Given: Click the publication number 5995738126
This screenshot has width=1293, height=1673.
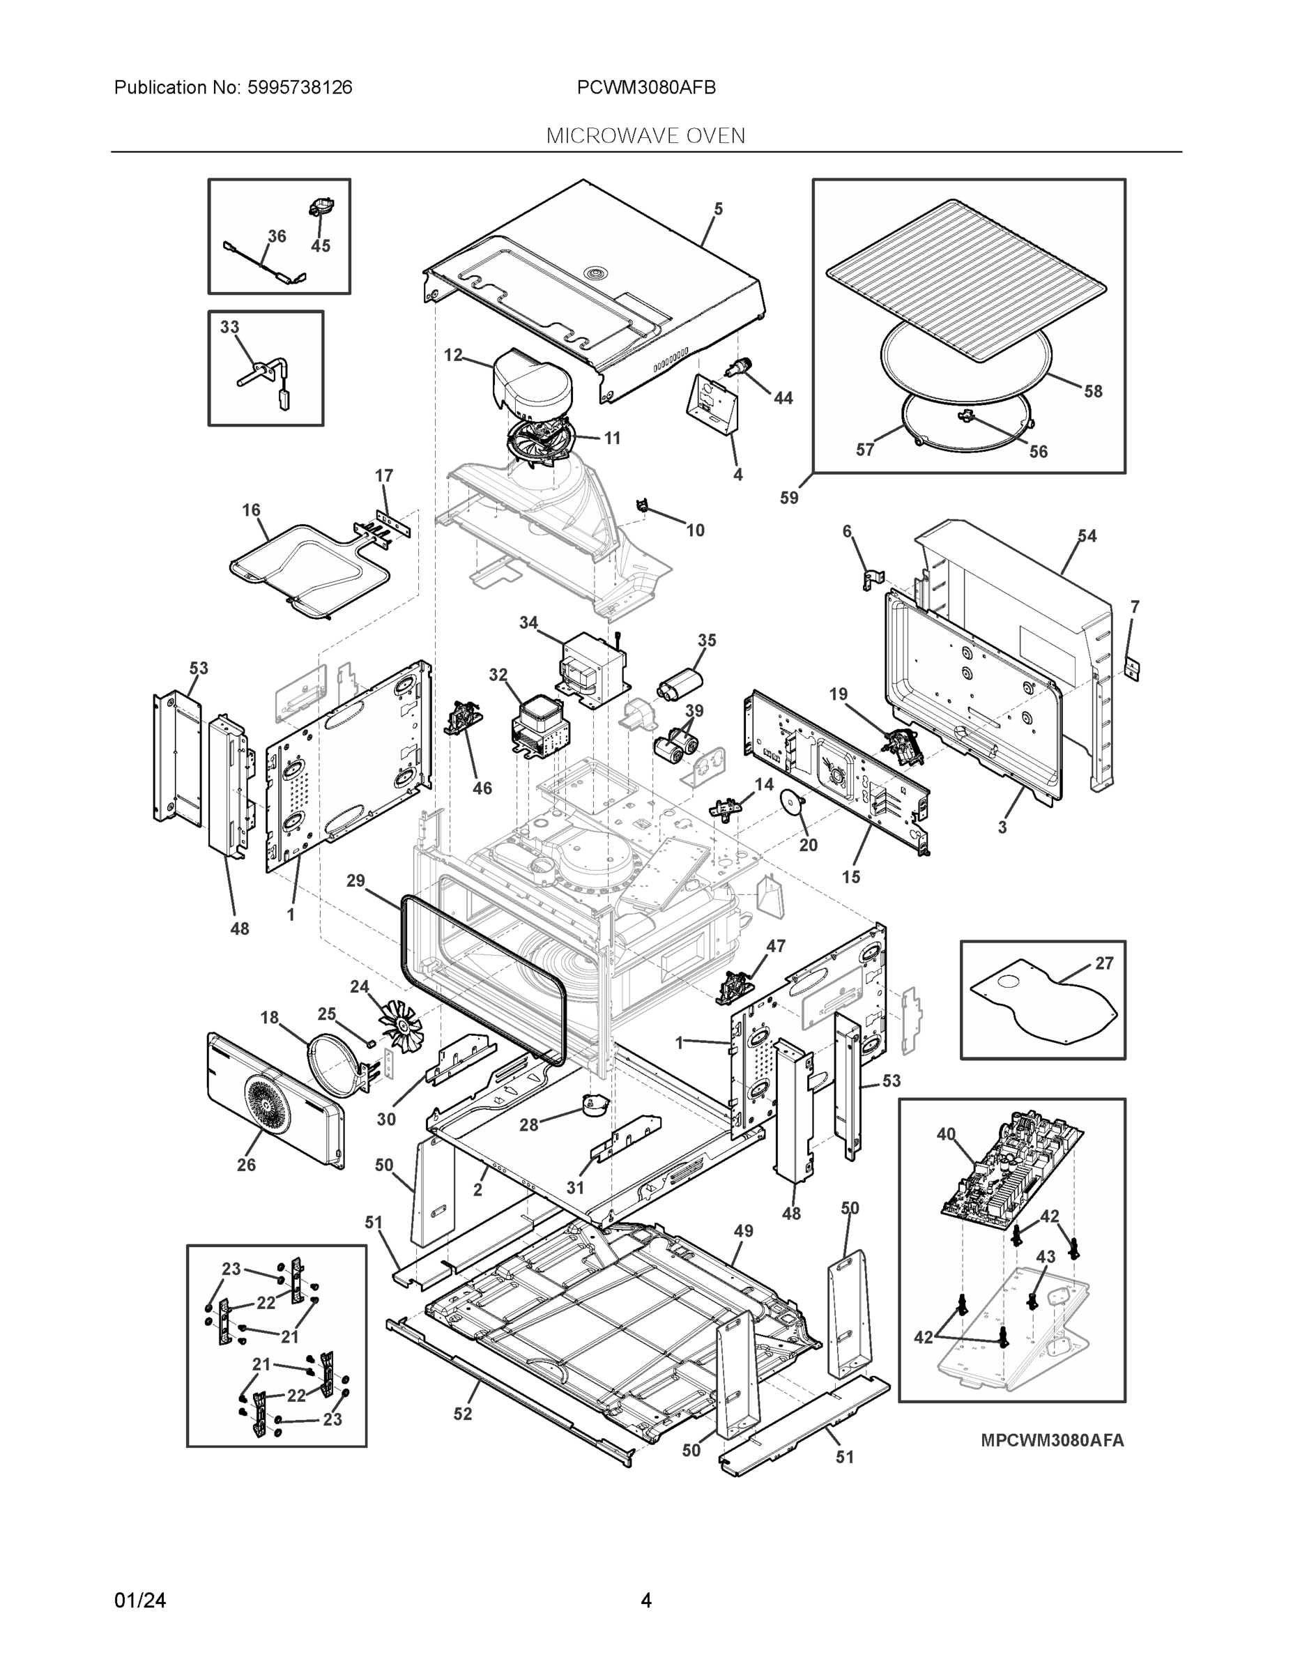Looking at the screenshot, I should coord(300,87).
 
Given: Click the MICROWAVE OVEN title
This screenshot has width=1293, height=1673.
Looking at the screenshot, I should coord(645,136).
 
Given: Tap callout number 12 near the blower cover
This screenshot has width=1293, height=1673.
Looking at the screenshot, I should coord(454,355).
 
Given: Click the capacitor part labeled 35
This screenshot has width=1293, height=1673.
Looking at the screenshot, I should coord(680,682).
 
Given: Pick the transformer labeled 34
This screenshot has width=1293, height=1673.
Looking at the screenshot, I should coord(594,667).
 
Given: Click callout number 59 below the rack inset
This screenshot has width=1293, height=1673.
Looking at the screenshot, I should coord(789,498).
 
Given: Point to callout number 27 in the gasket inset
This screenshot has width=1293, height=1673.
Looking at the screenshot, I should coord(1104,963).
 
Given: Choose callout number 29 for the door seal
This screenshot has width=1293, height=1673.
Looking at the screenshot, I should coord(355,881).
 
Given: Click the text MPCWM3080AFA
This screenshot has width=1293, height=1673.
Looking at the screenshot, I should coord(1052,1440).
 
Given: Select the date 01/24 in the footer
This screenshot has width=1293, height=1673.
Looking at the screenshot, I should coord(140,1601).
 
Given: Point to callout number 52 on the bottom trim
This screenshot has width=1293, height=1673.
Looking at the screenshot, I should coord(463,1413).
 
